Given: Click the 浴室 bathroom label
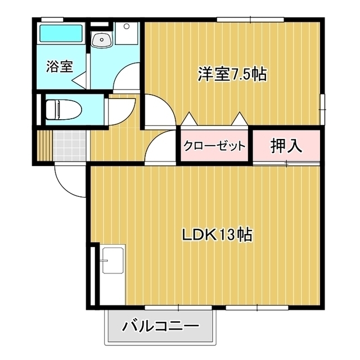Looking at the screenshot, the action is point(60,66).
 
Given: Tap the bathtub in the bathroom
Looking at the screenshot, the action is point(61,33).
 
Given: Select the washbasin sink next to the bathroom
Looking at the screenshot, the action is point(102,39).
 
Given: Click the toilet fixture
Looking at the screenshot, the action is point(64,110).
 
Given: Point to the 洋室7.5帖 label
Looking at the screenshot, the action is point(232,74).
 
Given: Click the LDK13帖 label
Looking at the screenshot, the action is point(217,235).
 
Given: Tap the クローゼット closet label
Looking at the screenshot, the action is point(214,146).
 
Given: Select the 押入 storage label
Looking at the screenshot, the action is point(286,146).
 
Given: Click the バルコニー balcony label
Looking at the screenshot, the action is point(160,326).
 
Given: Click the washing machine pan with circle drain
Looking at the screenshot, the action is point(127,33).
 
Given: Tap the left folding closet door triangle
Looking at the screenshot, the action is point(189,119).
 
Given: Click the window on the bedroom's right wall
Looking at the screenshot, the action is point(322,110).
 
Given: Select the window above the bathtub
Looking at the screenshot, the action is point(52,20).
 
